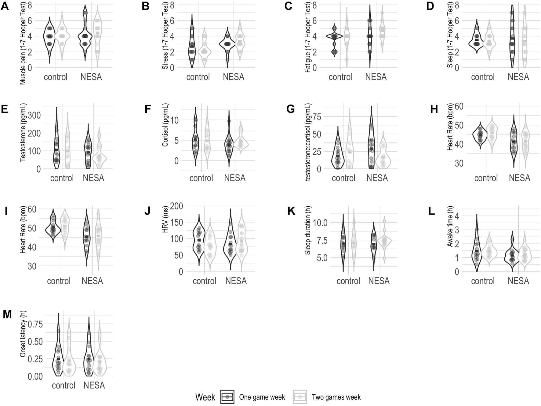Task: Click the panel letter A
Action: (x=5, y=6)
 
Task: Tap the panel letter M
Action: (x=7, y=314)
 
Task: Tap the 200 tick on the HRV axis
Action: (x=177, y=206)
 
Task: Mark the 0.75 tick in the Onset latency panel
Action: (x=35, y=324)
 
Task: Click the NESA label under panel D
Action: (x=518, y=77)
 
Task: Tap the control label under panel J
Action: (x=205, y=281)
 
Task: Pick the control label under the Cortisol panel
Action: (x=201, y=178)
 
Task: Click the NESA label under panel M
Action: (x=94, y=385)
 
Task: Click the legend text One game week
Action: (x=262, y=397)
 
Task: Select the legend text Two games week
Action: (x=336, y=397)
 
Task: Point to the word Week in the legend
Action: (x=205, y=397)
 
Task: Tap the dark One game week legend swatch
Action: (x=227, y=397)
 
